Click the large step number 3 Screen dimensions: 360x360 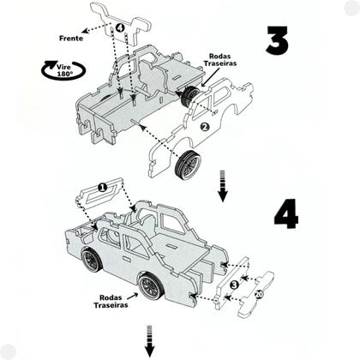pyautogui.click(x=277, y=40)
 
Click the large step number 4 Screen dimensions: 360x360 pyautogui.click(x=286, y=214)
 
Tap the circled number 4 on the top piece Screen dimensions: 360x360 pyautogui.click(x=120, y=27)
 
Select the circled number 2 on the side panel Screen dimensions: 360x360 pyautogui.click(x=205, y=127)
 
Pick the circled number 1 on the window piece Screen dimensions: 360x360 pyautogui.click(x=102, y=188)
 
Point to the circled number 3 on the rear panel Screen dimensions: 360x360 pyautogui.click(x=234, y=285)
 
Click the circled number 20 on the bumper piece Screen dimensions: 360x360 pyautogui.click(x=259, y=294)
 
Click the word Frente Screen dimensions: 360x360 pyautogui.click(x=71, y=39)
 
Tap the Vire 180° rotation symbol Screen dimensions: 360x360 pyautogui.click(x=63, y=69)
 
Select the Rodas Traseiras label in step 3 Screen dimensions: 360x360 pyautogui.click(x=220, y=60)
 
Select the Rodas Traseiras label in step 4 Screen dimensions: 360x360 pyautogui.click(x=111, y=302)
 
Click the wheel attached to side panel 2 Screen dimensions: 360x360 pyautogui.click(x=188, y=165)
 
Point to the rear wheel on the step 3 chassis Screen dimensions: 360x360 pyautogui.click(x=189, y=96)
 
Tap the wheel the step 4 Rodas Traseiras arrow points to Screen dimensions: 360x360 pyautogui.click(x=152, y=286)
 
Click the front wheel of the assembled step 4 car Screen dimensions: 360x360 pyautogui.click(x=92, y=261)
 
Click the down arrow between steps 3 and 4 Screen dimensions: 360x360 pyautogui.click(x=223, y=186)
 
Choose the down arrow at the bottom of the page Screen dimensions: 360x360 pyautogui.click(x=149, y=341)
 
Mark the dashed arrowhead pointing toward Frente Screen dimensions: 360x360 pyautogui.click(x=85, y=31)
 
